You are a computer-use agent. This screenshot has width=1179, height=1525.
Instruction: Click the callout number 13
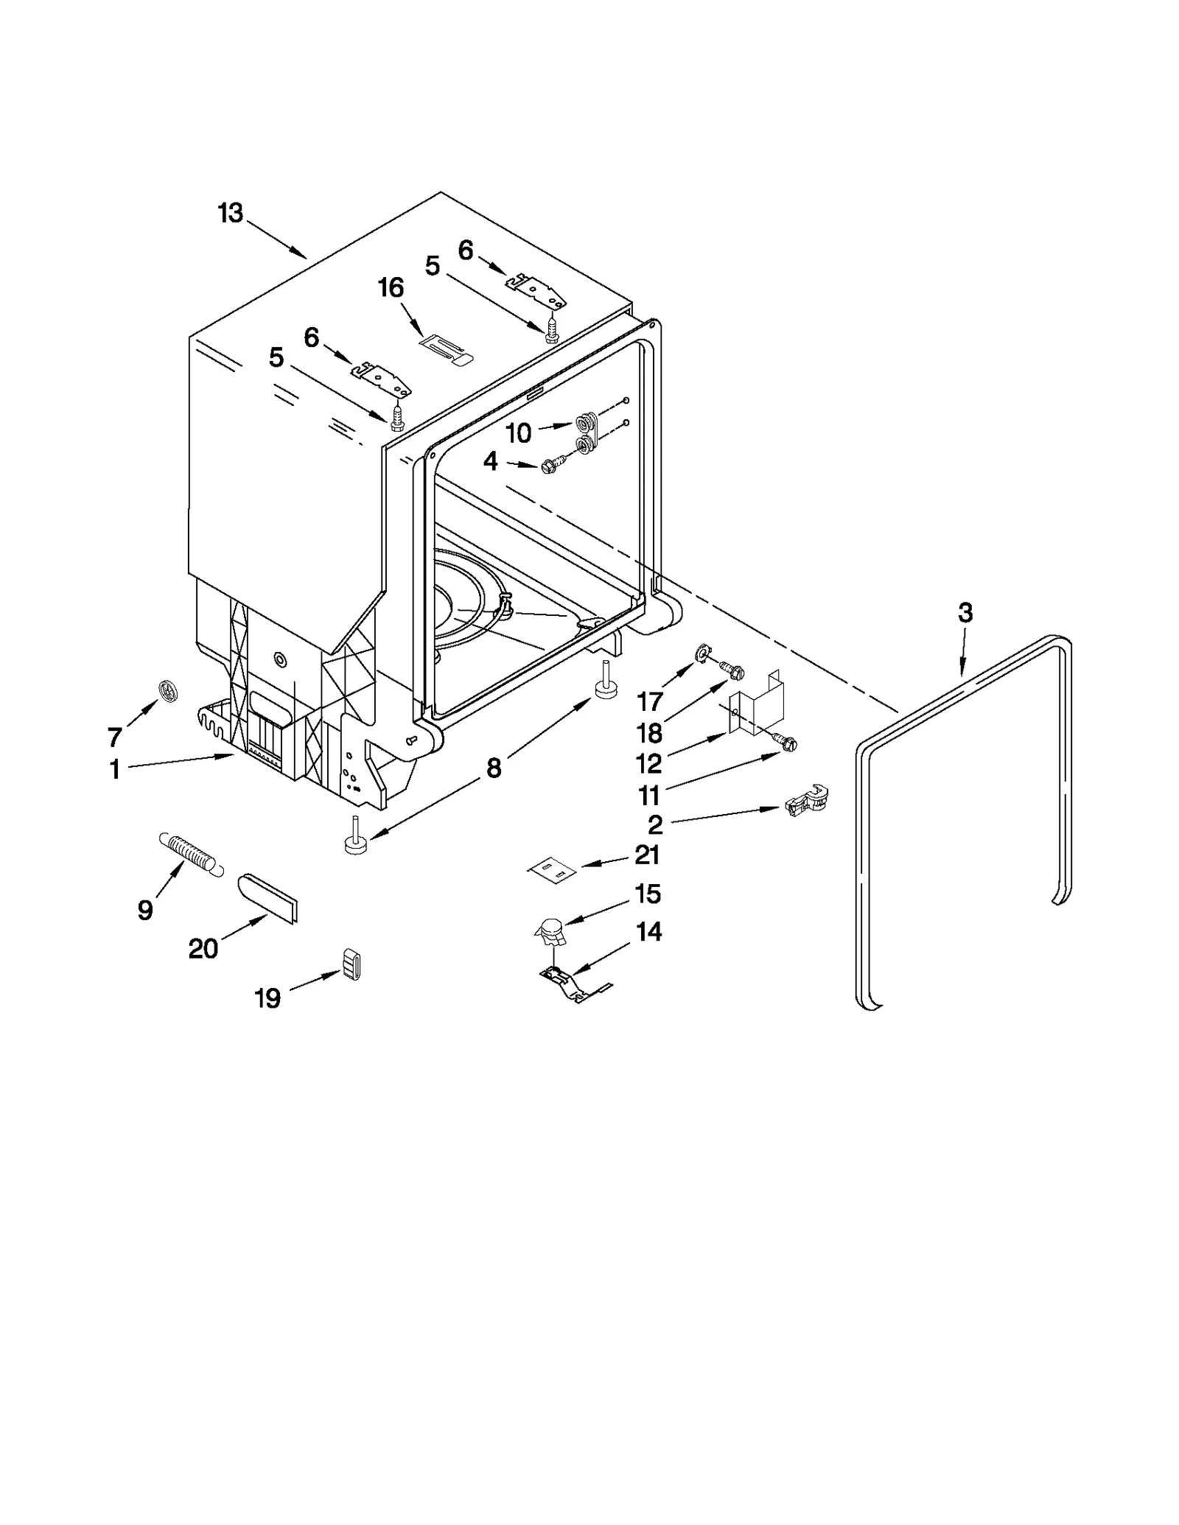(230, 214)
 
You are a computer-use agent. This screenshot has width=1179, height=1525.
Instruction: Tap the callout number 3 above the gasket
(965, 612)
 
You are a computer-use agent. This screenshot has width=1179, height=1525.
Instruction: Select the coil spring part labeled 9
(189, 854)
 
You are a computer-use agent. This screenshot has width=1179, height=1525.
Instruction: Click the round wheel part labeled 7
(169, 691)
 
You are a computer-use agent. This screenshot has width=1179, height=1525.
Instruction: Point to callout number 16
(391, 287)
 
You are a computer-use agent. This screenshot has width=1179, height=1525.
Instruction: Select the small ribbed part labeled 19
(351, 964)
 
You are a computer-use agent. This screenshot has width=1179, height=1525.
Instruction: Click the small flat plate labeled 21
(553, 871)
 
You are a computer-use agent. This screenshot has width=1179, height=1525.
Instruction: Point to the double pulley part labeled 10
(586, 433)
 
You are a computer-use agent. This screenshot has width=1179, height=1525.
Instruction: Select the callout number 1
(114, 770)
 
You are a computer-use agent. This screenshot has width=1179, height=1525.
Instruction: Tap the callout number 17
(650, 701)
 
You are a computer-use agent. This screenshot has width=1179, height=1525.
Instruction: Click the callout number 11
(648, 796)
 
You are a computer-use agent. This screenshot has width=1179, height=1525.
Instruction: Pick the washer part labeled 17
(702, 652)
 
